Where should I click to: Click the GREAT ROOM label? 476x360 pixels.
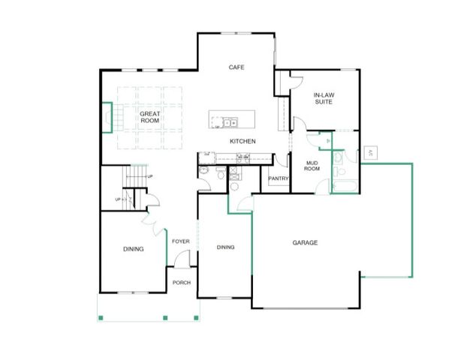point(150,116)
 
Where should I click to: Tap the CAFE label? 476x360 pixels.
point(236,67)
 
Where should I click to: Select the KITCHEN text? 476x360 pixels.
point(243,141)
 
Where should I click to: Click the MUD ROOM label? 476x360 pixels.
point(312,165)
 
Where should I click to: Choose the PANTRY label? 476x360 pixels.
point(279,178)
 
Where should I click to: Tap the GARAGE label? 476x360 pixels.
point(305,242)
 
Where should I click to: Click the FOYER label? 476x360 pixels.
point(180,241)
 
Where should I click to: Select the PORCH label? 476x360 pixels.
point(181,283)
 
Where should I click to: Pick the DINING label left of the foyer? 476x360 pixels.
point(134,249)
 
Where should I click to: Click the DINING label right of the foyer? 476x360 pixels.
point(225,247)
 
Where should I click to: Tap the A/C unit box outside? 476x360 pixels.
point(370,153)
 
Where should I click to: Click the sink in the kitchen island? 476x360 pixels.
point(230,122)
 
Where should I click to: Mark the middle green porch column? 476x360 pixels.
point(165,318)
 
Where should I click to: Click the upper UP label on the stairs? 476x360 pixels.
point(150,176)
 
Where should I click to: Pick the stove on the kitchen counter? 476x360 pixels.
point(243,157)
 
